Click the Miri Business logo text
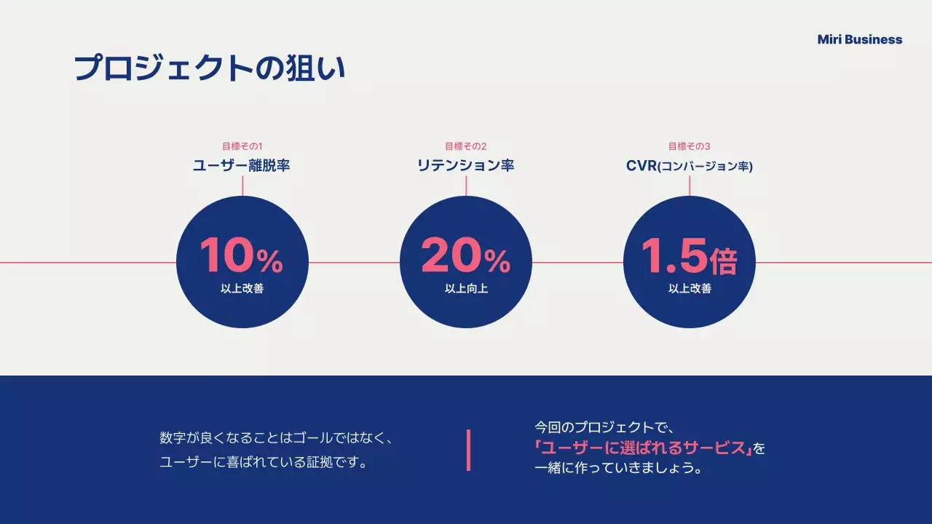[859, 40]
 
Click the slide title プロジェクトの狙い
[210, 68]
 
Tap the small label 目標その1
[242, 146]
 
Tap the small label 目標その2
[465, 146]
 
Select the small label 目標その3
[689, 146]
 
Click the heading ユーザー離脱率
[242, 166]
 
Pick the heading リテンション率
[465, 166]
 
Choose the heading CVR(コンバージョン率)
[689, 166]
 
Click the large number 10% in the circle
[241, 256]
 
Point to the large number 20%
[465, 256]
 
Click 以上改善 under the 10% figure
[242, 288]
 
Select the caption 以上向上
[466, 288]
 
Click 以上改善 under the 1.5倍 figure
[690, 288]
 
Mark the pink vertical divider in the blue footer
[468, 450]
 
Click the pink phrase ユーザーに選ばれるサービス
[643, 448]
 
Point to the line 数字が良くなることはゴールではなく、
[277, 438]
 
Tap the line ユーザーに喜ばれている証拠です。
[263, 462]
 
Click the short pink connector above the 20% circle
[466, 186]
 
